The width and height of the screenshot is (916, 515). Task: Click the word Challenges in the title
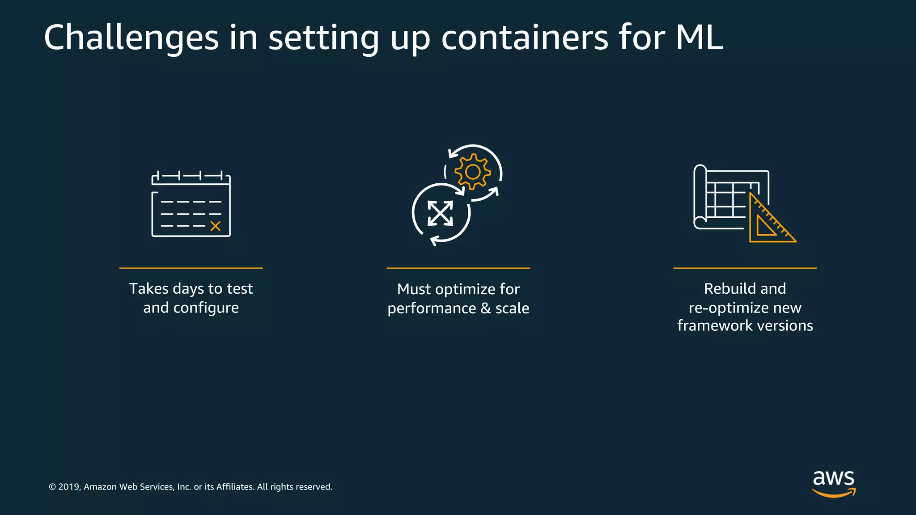point(131,38)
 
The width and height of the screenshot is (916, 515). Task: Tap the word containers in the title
point(524,38)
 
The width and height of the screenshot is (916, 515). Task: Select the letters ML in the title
point(699,38)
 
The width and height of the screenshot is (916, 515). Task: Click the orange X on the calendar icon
point(215,226)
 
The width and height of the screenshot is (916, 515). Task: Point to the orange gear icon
point(473,172)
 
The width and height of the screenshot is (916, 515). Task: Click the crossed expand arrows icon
point(440,213)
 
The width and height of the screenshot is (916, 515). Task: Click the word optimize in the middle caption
point(464,290)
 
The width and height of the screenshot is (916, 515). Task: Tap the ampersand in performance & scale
point(485,308)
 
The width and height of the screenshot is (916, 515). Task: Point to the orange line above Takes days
point(191,268)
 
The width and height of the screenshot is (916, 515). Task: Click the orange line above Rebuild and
point(745,268)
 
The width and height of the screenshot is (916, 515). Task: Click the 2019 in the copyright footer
point(69,487)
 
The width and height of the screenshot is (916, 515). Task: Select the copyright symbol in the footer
point(52,487)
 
